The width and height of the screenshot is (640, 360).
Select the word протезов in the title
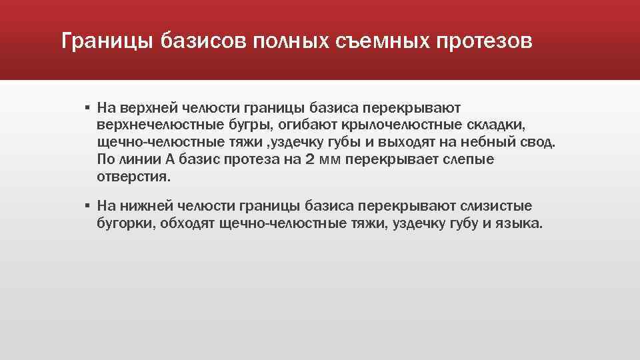tap(485, 42)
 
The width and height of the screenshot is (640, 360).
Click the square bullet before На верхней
tap(87, 107)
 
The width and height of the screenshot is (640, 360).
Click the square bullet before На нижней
tap(87, 206)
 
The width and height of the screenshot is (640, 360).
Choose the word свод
tap(539, 143)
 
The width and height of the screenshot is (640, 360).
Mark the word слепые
tap(466, 160)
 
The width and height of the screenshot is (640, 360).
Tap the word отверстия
tap(133, 177)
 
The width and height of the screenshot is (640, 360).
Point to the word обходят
tap(189, 224)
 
